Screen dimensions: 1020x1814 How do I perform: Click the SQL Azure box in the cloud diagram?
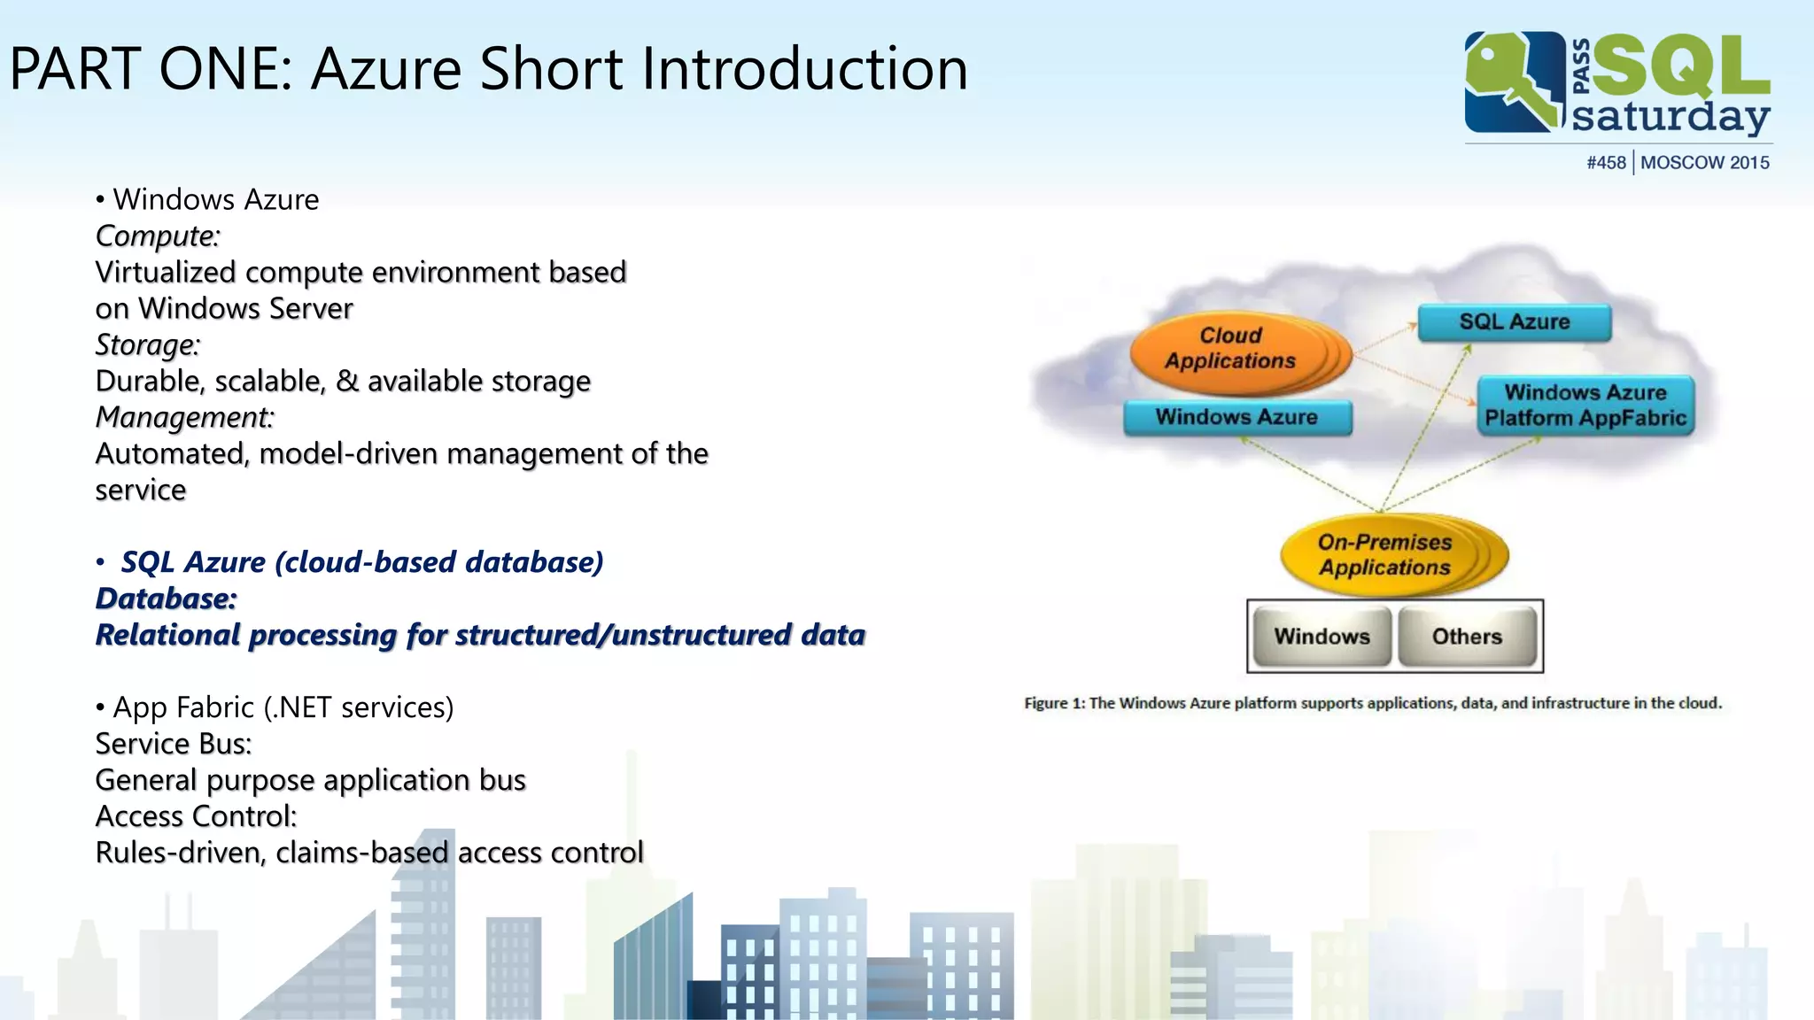click(x=1514, y=322)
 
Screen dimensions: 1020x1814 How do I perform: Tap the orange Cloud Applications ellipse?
click(x=1231, y=350)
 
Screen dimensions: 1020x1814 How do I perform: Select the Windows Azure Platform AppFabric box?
click(x=1585, y=406)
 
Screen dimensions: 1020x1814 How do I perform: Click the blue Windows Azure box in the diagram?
click(x=1236, y=417)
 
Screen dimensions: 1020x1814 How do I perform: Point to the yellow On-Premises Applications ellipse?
click(x=1385, y=555)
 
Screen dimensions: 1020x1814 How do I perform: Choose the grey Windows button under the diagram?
click(x=1322, y=637)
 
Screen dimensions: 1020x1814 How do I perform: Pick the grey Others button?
click(x=1467, y=637)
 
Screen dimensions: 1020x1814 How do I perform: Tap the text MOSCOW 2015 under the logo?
click(x=1704, y=163)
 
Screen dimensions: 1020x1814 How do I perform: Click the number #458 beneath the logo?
click(x=1606, y=163)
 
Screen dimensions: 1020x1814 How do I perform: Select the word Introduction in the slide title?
click(x=804, y=69)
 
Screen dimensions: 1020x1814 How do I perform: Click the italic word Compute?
click(x=158, y=236)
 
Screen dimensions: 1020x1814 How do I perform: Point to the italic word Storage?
click(x=148, y=344)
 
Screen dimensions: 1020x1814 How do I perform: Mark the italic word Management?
click(x=185, y=417)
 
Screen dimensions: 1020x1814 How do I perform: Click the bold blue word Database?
click(x=167, y=599)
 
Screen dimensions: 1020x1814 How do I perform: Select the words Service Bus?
click(x=174, y=744)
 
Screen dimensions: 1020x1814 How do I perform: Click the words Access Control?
click(x=196, y=816)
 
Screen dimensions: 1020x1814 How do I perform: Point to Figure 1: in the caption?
click(x=1054, y=703)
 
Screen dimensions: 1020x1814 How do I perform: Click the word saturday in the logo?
click(x=1671, y=117)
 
